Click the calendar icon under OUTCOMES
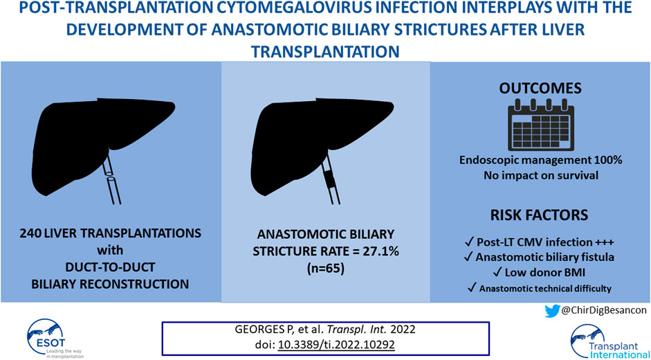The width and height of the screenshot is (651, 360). (541, 125)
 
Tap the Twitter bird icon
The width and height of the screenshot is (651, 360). (552, 311)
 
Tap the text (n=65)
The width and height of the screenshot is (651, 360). (325, 269)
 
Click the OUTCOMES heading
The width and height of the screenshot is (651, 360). (540, 88)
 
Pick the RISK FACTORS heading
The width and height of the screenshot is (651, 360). (540, 215)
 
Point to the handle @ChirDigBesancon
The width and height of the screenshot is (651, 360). (604, 311)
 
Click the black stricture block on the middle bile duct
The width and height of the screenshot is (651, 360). (330, 181)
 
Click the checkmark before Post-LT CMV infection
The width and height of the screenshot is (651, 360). (470, 242)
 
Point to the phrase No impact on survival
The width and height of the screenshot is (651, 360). (541, 175)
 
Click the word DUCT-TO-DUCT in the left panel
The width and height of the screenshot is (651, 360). (110, 267)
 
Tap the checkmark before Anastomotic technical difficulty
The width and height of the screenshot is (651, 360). (471, 288)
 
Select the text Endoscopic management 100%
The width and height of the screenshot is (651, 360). (541, 160)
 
